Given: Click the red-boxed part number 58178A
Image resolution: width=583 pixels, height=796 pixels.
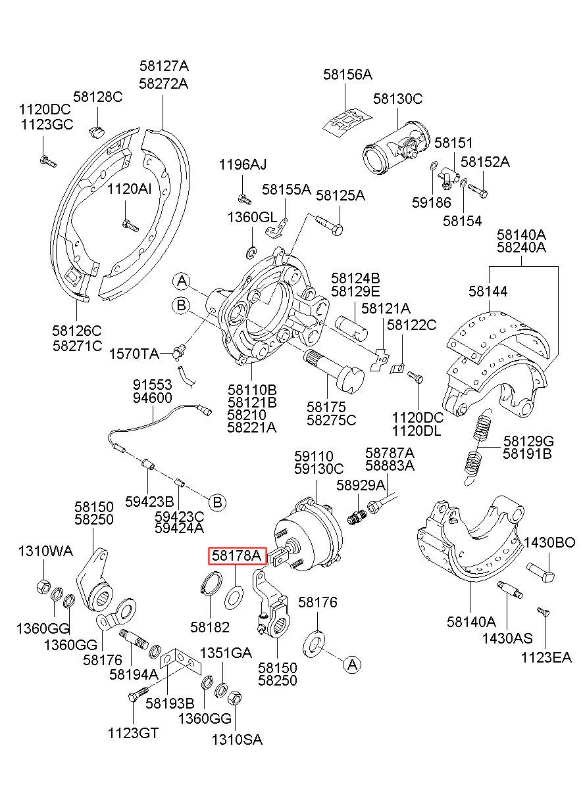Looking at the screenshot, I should [x=237, y=557].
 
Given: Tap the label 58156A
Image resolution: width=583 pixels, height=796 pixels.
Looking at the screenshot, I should [x=347, y=75].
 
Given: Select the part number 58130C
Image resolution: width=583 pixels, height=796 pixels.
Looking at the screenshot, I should [x=397, y=99].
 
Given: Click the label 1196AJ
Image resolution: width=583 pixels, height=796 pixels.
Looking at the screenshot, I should [x=243, y=164].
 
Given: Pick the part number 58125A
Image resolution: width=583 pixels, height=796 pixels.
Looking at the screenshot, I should [x=340, y=196].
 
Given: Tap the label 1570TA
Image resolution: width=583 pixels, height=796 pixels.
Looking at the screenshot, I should [x=134, y=354].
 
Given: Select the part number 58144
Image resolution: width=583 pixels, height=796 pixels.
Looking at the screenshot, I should [x=488, y=291].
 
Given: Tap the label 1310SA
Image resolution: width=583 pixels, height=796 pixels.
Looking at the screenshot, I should [x=236, y=739].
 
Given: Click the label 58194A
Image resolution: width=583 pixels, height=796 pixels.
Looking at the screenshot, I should [x=134, y=674].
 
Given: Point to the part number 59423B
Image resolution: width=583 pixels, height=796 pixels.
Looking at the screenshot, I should [x=149, y=502].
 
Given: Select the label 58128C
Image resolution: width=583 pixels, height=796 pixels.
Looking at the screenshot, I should [x=97, y=97].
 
